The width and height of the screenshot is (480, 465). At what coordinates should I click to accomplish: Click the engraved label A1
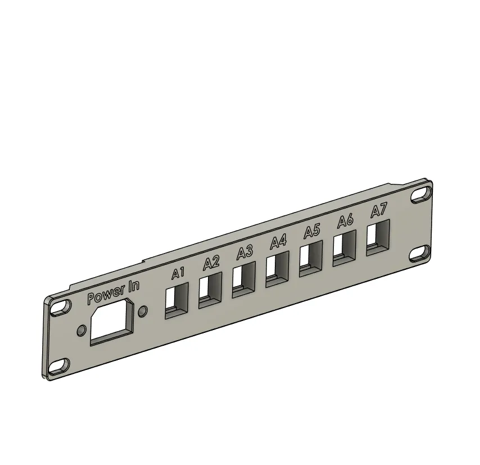pyautogui.click(x=178, y=274)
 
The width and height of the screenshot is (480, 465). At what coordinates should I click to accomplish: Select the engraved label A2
pyautogui.click(x=211, y=263)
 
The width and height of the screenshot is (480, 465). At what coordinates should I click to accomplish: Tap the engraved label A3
pyautogui.click(x=244, y=252)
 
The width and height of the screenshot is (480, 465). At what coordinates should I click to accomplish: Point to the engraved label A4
pyautogui.click(x=278, y=242)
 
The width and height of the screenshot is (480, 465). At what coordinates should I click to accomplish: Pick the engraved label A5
pyautogui.click(x=312, y=231)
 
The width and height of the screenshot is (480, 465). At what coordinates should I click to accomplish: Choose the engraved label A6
pyautogui.click(x=345, y=221)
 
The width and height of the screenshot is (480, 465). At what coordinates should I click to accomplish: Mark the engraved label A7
pyautogui.click(x=379, y=211)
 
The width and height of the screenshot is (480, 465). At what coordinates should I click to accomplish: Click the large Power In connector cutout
pyautogui.click(x=112, y=322)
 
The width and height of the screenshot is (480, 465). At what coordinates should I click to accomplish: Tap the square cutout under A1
pyautogui.click(x=176, y=300)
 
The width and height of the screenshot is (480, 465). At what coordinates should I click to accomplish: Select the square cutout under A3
pyautogui.click(x=243, y=278)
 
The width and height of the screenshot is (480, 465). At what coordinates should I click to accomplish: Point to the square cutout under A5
pyautogui.click(x=311, y=258)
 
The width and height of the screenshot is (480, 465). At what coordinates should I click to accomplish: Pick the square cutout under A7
pyautogui.click(x=378, y=237)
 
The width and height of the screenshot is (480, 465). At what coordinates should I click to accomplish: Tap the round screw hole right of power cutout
pyautogui.click(x=143, y=311)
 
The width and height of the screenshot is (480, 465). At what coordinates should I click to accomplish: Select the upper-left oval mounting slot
pyautogui.click(x=58, y=307)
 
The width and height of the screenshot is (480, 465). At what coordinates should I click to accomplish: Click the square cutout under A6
pyautogui.click(x=345, y=247)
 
